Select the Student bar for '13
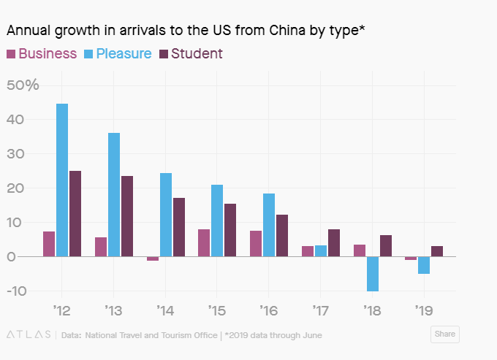point(127,216)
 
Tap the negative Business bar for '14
point(153,258)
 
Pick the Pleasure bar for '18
point(372,274)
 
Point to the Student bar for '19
point(437,251)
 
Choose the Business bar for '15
point(204,243)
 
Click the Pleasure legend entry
point(118,53)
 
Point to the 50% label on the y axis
point(23,85)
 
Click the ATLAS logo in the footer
point(28,335)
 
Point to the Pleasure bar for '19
point(424,265)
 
